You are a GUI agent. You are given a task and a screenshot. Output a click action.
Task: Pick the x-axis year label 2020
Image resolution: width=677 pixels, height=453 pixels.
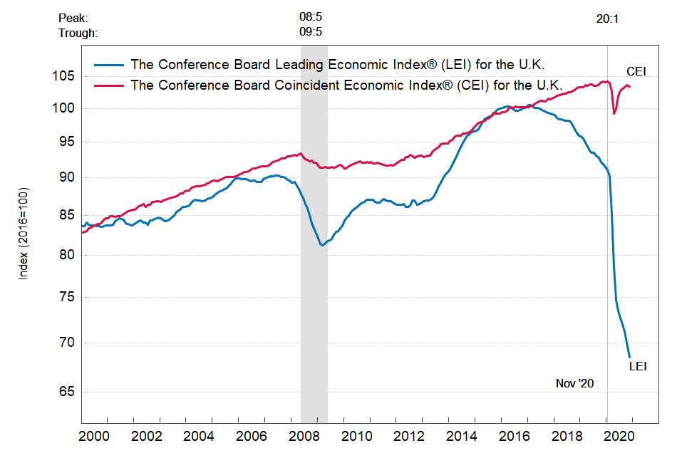click(x=618, y=436)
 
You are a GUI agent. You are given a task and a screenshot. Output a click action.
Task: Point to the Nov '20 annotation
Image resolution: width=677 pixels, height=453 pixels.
click(x=574, y=383)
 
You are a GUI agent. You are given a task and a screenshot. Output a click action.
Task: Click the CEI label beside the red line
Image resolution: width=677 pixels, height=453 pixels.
click(x=636, y=71)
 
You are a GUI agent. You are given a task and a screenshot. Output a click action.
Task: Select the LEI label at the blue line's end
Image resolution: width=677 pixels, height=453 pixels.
click(x=637, y=366)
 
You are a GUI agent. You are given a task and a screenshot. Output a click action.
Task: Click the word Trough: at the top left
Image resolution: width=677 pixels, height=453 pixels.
click(x=78, y=33)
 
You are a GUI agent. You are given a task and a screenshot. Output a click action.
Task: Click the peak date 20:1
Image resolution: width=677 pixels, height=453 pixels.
click(x=607, y=19)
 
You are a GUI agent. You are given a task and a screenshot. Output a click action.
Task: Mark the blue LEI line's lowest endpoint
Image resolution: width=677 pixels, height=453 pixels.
click(x=630, y=357)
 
